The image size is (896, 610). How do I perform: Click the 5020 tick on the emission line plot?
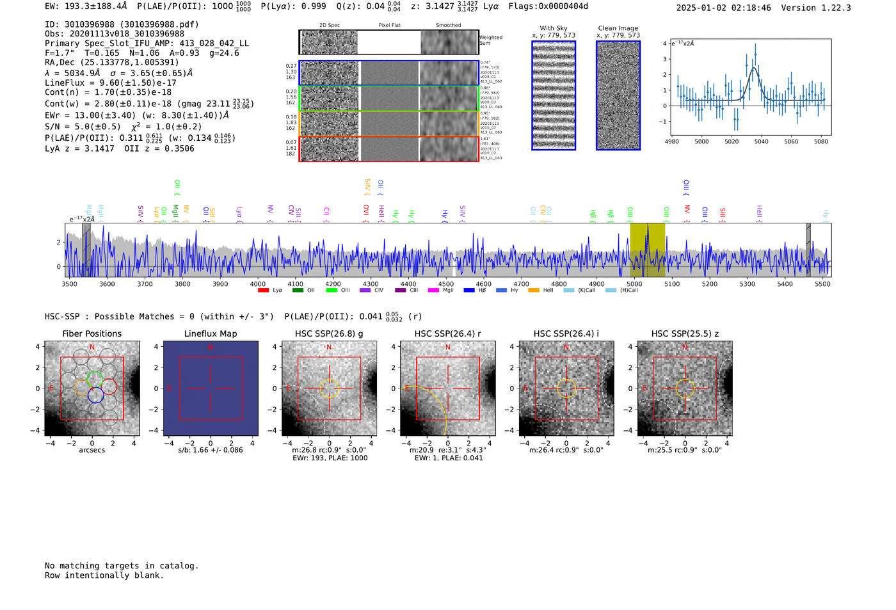pos(732,141)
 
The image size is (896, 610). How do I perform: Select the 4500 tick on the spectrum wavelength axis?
pos(446,284)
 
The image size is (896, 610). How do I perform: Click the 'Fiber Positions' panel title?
pos(92,333)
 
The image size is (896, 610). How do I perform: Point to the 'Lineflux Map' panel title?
pos(211,333)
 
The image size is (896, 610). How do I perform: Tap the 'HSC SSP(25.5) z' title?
pos(685,333)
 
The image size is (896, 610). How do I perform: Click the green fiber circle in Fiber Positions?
pos(95,378)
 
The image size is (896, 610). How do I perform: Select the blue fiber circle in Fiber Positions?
pos(95,396)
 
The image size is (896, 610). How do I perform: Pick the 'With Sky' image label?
pos(554,28)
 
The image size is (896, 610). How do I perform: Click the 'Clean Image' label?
pos(618,28)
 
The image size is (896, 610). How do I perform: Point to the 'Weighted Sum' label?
pos(491,40)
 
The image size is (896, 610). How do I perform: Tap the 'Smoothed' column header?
pos(448,26)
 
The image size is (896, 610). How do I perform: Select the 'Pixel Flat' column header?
pos(389,26)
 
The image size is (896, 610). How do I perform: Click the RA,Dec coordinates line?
pos(112,62)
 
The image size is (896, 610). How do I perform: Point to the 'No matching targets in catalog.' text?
pos(122,566)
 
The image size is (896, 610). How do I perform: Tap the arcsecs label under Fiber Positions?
pos(92,450)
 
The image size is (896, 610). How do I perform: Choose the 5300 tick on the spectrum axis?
pos(747,284)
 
